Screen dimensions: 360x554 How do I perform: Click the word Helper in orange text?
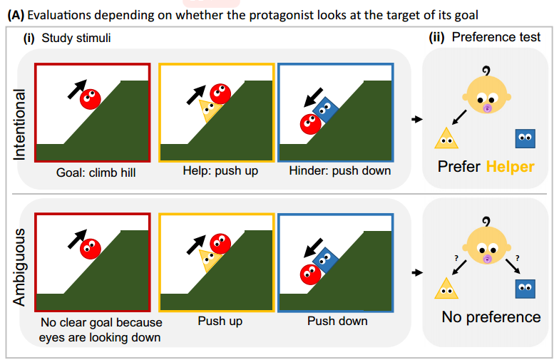click(510, 167)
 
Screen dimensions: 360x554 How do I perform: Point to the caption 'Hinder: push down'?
click(339, 172)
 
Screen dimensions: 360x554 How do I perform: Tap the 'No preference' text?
click(491, 317)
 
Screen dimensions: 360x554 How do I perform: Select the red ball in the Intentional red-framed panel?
click(90, 99)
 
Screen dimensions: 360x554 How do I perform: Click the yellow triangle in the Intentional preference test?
click(446, 138)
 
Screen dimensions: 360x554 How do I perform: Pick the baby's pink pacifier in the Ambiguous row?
click(487, 258)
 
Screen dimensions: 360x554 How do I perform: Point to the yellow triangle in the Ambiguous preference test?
click(446, 287)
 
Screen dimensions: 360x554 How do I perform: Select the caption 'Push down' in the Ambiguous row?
click(337, 321)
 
